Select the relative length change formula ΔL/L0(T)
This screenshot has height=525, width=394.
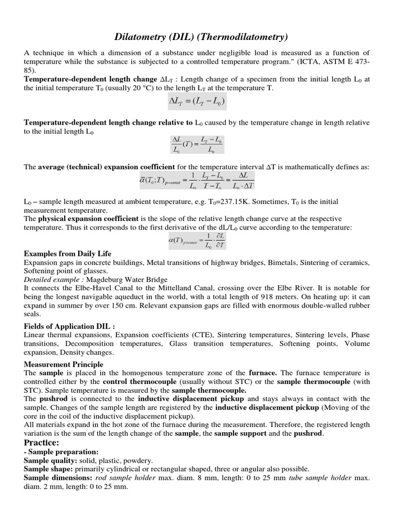coord(197,145)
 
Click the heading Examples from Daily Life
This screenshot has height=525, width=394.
coord(68,254)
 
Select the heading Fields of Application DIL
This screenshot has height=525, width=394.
coord(70,326)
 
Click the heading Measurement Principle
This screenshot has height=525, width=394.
coord(64,364)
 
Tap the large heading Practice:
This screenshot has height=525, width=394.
coord(42,442)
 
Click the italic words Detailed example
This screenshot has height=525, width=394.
coord(53,279)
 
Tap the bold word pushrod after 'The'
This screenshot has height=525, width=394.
coord(52,398)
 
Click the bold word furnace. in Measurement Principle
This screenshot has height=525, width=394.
coord(263,373)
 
